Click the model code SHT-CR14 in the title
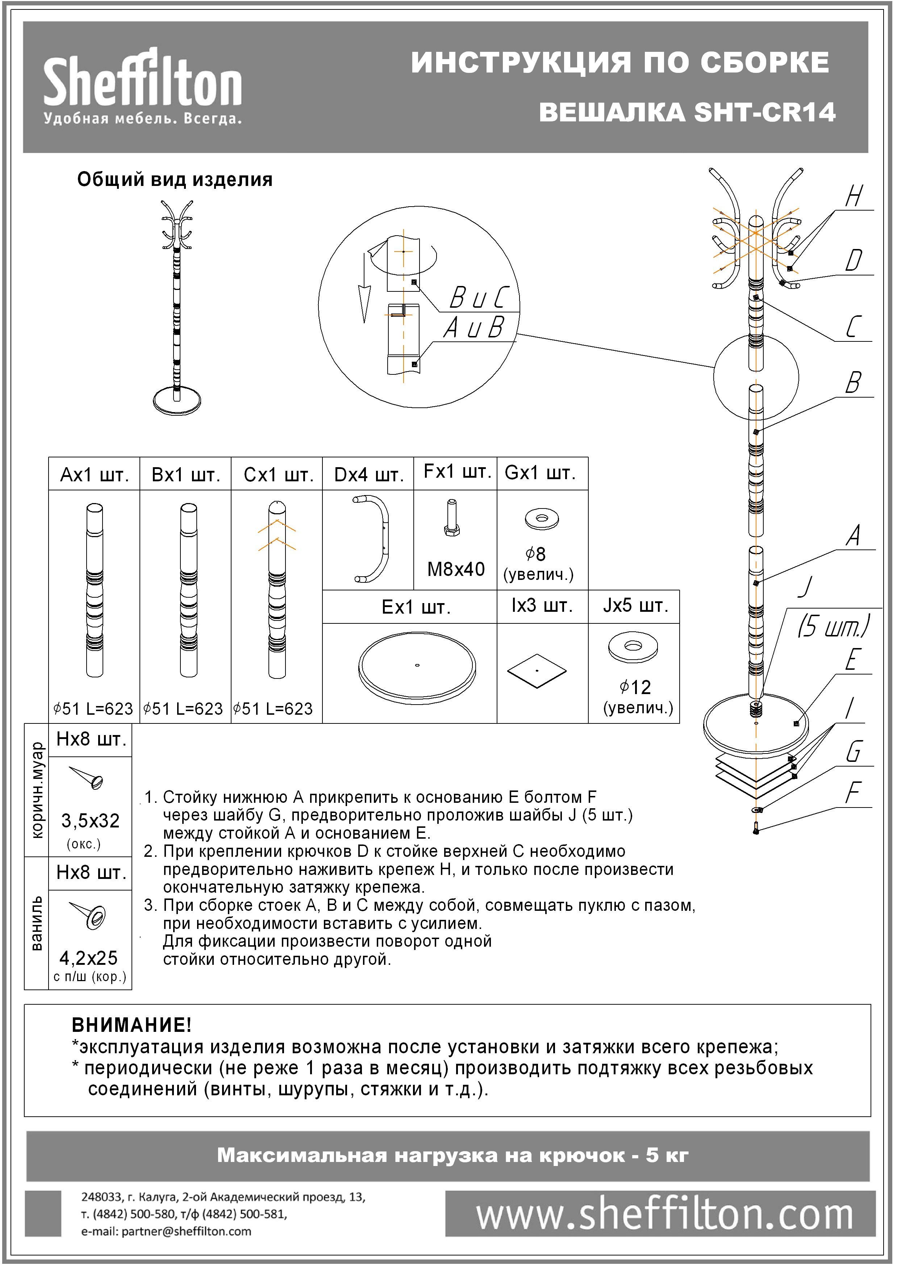click(764, 113)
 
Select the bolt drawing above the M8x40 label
click(452, 518)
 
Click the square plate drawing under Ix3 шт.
click(537, 671)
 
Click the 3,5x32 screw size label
click(91, 821)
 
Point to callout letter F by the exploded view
click(854, 793)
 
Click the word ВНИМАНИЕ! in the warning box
click(132, 1025)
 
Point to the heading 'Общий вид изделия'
click(175, 180)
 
